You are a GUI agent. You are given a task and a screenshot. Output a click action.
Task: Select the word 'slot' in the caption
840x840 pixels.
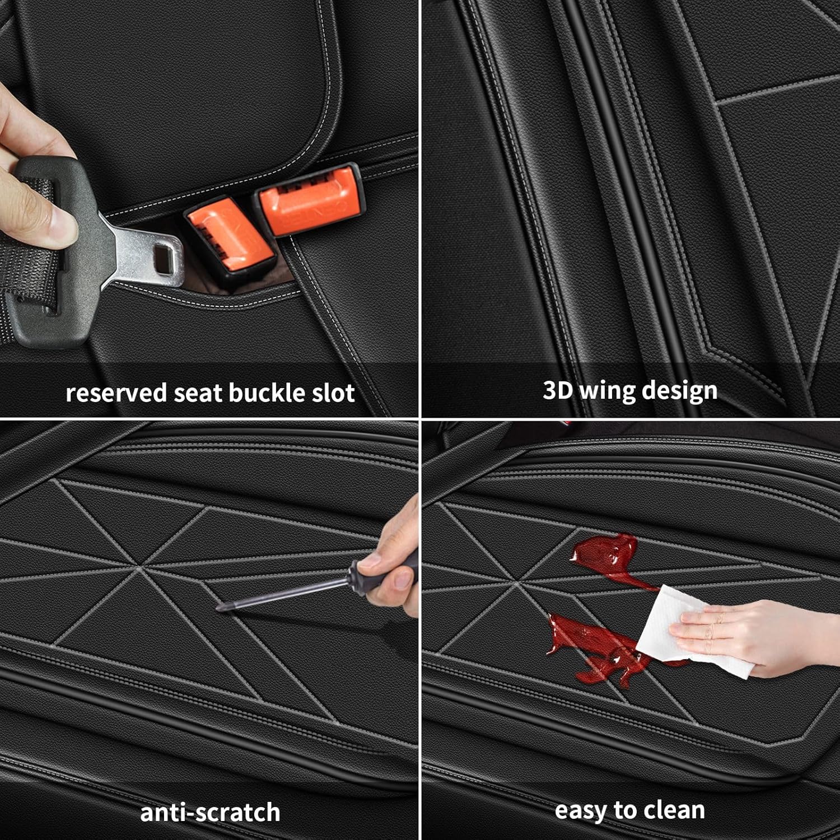[333, 393]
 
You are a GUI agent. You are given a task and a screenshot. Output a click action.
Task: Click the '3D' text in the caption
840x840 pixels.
[557, 390]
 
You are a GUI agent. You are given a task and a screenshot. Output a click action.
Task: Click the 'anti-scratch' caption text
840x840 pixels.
[210, 812]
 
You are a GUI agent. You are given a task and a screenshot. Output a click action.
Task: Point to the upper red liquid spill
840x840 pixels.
[608, 554]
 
